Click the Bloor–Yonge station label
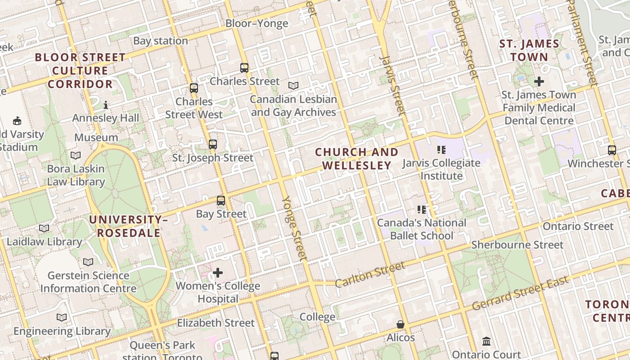256,23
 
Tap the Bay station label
160,41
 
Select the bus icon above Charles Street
244,68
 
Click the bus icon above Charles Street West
194,88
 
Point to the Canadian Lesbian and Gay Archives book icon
293,85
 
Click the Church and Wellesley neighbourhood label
356,159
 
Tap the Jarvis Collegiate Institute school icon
441,149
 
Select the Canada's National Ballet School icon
422,209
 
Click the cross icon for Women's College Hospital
218,273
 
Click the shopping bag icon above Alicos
400,324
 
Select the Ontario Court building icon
486,342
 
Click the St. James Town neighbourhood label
529,50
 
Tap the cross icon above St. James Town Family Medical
539,81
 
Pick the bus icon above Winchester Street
612,150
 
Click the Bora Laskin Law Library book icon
76,155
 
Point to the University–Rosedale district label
128,226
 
